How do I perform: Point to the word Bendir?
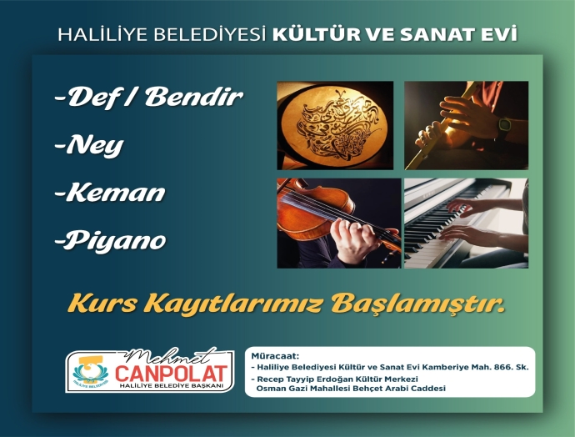pos(194,97)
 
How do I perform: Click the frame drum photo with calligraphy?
pos(335,125)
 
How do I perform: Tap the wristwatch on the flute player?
pos(505,124)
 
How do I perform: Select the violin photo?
pos(339,223)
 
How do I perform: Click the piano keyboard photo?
pos(466,223)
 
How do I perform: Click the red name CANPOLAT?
pos(172,373)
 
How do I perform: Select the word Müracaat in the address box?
pos(275,356)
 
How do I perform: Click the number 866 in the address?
pos(502,367)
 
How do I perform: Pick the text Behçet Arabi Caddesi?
pos(399,389)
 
